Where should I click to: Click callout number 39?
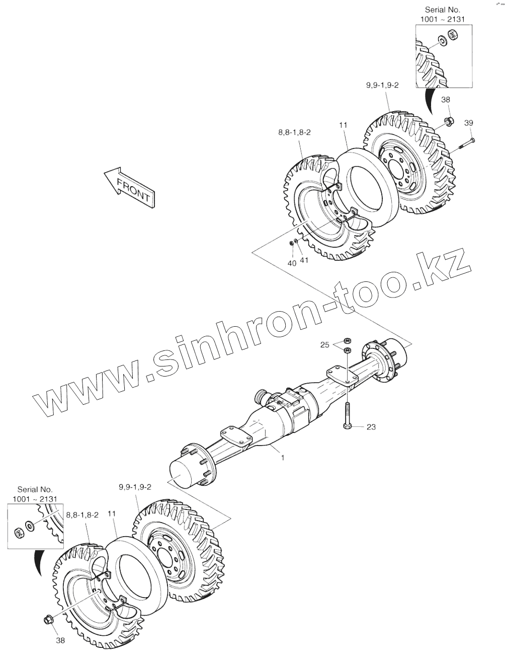pyautogui.click(x=468, y=123)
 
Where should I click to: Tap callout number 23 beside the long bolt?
pyautogui.click(x=371, y=427)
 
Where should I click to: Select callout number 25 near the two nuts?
pyautogui.click(x=325, y=344)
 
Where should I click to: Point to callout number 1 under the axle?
pyautogui.click(x=283, y=458)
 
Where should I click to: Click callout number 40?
pyautogui.click(x=292, y=263)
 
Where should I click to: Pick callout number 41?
pyautogui.click(x=303, y=260)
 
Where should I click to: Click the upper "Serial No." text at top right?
pyautogui.click(x=442, y=10)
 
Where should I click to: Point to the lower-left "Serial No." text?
pyautogui.click(x=35, y=489)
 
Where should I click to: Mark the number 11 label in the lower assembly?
pyautogui.click(x=112, y=513)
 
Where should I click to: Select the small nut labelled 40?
pyautogui.click(x=291, y=244)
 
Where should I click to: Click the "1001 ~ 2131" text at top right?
pyautogui.click(x=443, y=19)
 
